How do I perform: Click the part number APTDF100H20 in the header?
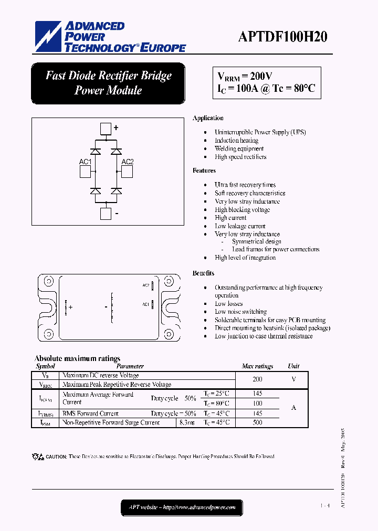click(x=282, y=36)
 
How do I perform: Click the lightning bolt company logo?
click(x=48, y=37)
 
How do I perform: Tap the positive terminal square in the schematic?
click(x=106, y=129)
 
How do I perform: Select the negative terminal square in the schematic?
click(x=106, y=214)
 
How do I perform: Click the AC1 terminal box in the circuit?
click(x=86, y=172)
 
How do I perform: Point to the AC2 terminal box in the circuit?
click(x=127, y=172)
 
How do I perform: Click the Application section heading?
click(x=208, y=118)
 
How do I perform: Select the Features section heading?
click(x=204, y=171)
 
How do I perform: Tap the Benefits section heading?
click(x=203, y=273)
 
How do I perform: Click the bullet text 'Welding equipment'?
click(x=239, y=148)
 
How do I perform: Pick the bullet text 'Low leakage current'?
click(x=240, y=226)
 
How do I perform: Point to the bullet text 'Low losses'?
click(x=228, y=304)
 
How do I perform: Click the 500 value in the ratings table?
click(x=257, y=422)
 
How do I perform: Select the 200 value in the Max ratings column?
click(x=257, y=379)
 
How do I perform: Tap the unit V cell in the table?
click(x=293, y=379)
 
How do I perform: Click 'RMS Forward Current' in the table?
click(x=90, y=413)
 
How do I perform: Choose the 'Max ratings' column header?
click(x=257, y=366)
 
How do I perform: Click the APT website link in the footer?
click(x=182, y=507)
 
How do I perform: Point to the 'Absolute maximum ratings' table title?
click(x=77, y=358)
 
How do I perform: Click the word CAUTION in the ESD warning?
click(x=56, y=457)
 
